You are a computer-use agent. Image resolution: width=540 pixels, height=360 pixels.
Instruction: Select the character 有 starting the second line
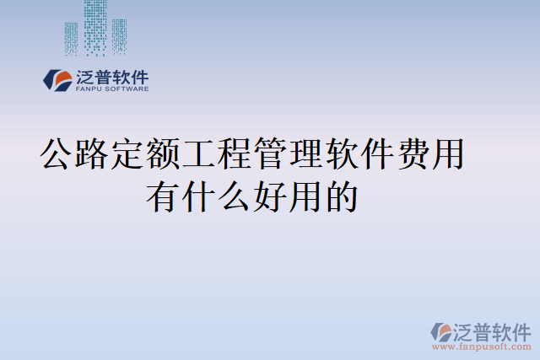[163, 197]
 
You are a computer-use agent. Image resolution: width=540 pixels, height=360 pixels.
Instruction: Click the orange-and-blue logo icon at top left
[58, 80]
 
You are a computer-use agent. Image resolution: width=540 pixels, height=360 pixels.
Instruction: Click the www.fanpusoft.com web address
[482, 347]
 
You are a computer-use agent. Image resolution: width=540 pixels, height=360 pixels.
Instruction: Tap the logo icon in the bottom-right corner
[442, 331]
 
